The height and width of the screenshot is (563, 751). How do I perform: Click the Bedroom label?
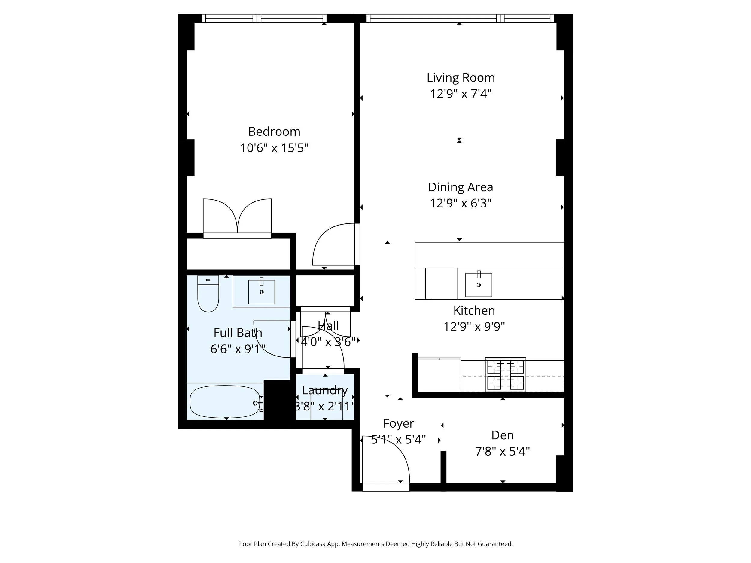pyautogui.click(x=274, y=131)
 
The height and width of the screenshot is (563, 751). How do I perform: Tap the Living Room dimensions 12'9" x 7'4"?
pyautogui.click(x=461, y=94)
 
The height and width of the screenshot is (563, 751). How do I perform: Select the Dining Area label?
pyautogui.click(x=461, y=187)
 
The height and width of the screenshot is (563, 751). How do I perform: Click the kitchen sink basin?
pyautogui.click(x=478, y=285)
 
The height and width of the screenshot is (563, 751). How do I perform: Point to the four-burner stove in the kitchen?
pyautogui.click(x=505, y=375)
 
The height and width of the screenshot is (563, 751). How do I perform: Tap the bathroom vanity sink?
pyautogui.click(x=261, y=292)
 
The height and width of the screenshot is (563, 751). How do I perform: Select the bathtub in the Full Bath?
pyautogui.click(x=224, y=402)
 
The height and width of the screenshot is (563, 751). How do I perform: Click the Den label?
pyautogui.click(x=502, y=435)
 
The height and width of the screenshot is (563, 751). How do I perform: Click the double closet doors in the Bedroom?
pyautogui.click(x=237, y=216)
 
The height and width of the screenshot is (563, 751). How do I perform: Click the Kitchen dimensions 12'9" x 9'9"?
pyautogui.click(x=474, y=327)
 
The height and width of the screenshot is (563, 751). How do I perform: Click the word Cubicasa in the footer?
pyautogui.click(x=313, y=544)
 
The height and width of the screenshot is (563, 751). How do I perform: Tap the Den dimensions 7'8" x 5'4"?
pyautogui.click(x=502, y=451)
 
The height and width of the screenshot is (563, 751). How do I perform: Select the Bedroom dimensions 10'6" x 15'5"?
pyautogui.click(x=274, y=148)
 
